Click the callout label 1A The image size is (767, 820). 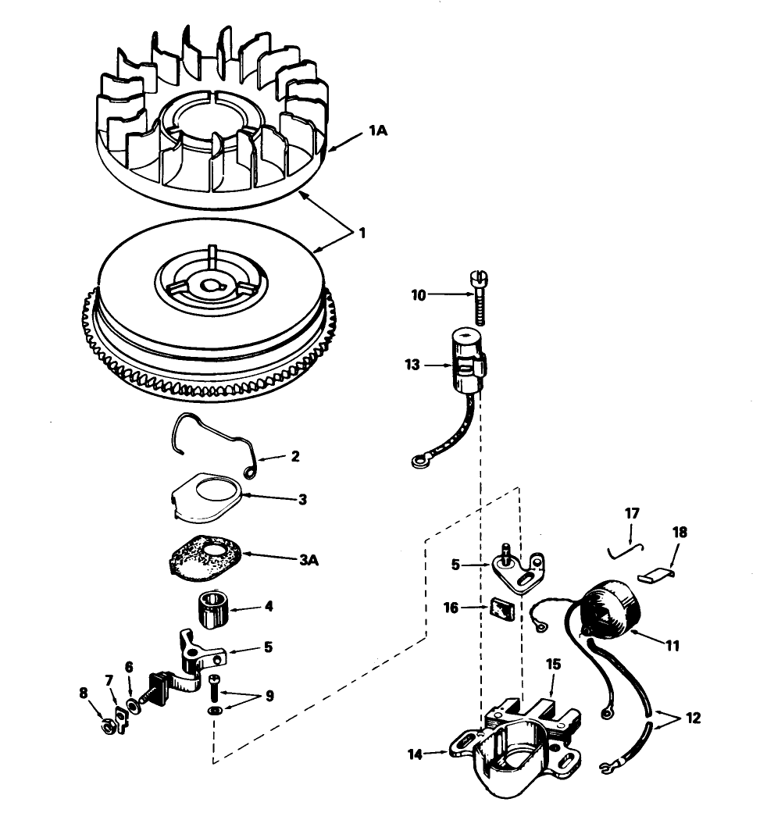point(378,130)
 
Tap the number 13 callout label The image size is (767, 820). point(412,365)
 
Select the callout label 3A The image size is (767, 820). point(309,560)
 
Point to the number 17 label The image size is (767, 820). point(632,513)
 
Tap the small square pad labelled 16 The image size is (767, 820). point(502,609)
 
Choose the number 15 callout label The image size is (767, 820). point(553,664)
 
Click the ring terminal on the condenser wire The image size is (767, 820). point(418,462)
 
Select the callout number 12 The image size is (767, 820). point(694,718)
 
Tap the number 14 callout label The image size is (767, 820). point(416,754)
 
